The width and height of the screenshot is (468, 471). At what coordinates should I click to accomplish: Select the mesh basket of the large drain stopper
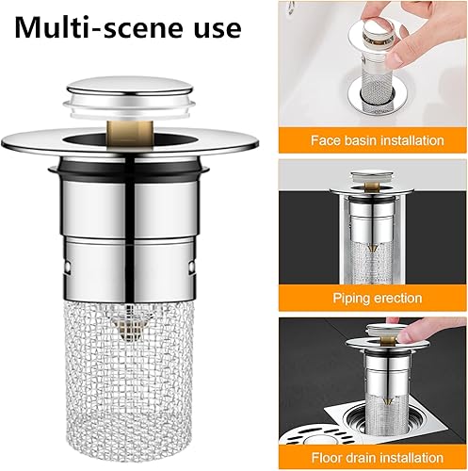click(x=129, y=370)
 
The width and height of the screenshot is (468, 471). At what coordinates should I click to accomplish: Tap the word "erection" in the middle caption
click(x=399, y=298)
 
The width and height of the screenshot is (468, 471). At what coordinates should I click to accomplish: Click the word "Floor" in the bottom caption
click(x=327, y=458)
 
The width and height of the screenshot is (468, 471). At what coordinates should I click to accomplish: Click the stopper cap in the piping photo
click(x=371, y=176)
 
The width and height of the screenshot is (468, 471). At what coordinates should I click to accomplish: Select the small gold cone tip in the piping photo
click(x=372, y=248)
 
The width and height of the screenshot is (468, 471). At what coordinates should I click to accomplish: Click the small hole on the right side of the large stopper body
click(x=191, y=267)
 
